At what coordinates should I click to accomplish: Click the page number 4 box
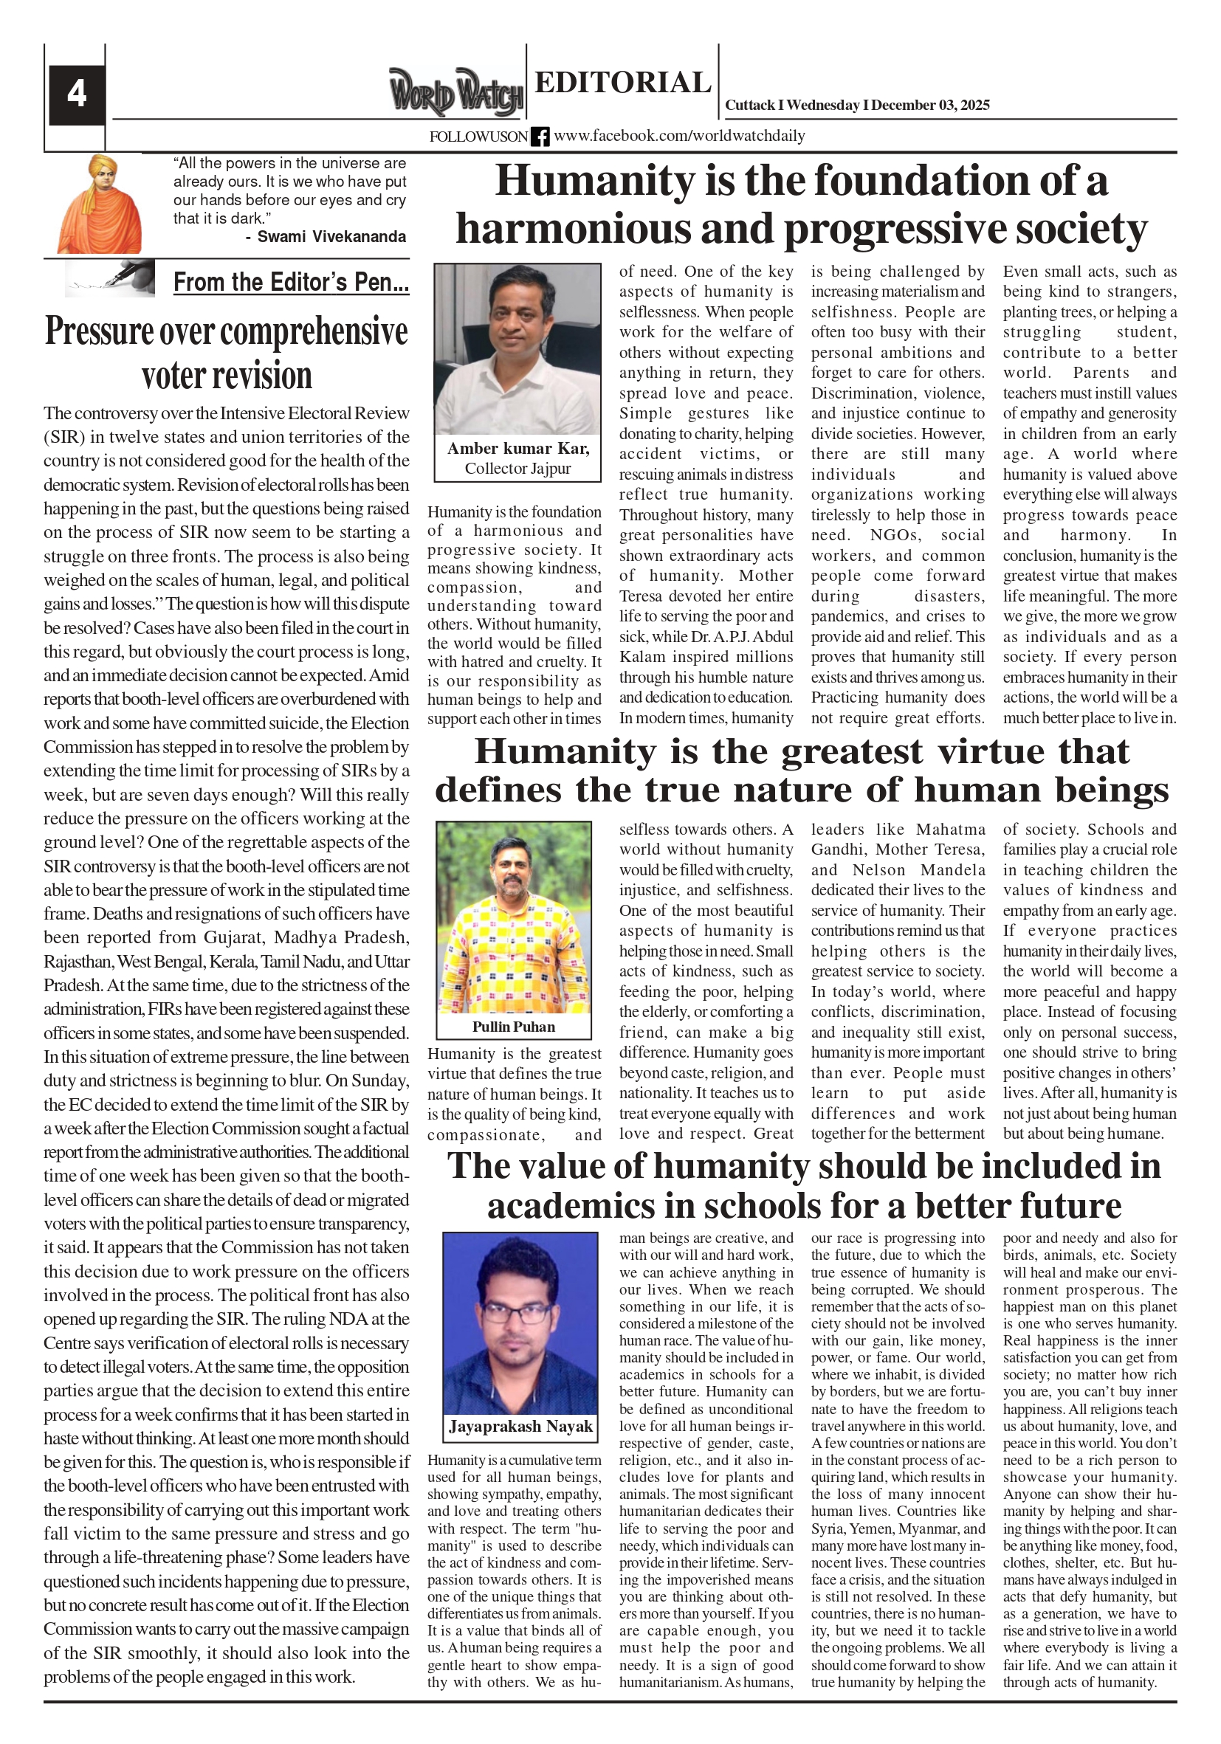pyautogui.click(x=77, y=94)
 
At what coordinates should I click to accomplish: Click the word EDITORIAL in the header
pyautogui.click(x=622, y=82)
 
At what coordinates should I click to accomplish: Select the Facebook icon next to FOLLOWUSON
pyautogui.click(x=540, y=137)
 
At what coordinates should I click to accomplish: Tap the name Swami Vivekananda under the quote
pyautogui.click(x=331, y=236)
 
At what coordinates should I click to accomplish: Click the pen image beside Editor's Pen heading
pyautogui.click(x=111, y=279)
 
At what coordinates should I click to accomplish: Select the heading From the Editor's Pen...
pyautogui.click(x=291, y=283)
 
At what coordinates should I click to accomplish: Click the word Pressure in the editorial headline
pyautogui.click(x=99, y=332)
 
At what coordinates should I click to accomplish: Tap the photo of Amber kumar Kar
pyautogui.click(x=517, y=348)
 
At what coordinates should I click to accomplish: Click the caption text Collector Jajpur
pyautogui.click(x=517, y=469)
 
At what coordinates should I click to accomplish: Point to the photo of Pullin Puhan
pyautogui.click(x=513, y=917)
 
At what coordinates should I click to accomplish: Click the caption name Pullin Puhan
pyautogui.click(x=514, y=1027)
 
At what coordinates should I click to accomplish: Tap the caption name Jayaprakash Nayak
pyautogui.click(x=520, y=1427)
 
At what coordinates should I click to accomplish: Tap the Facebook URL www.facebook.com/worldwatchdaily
pyautogui.click(x=679, y=136)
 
